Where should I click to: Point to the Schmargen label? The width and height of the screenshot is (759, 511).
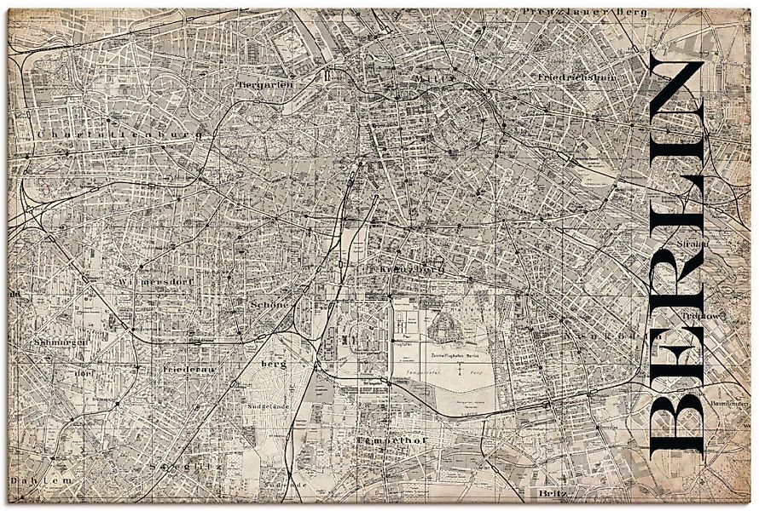point(53,342)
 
